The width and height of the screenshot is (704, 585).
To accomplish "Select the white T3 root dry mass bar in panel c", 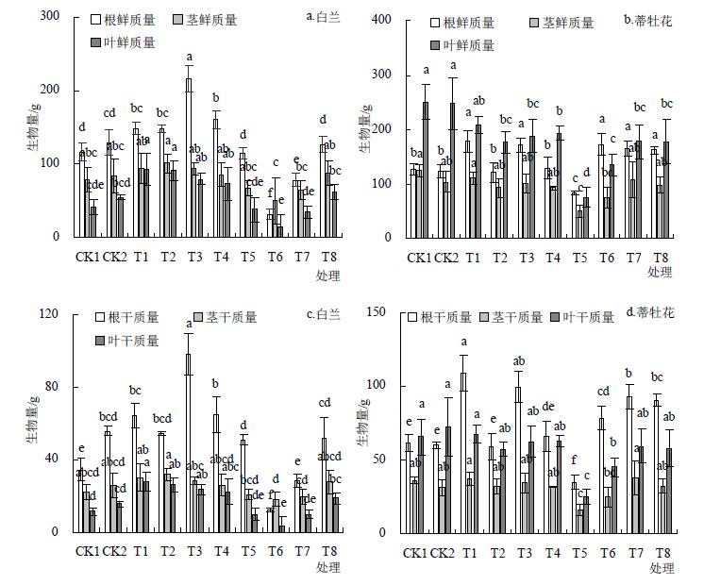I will [189, 443].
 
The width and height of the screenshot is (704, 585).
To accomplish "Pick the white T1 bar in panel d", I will [463, 452].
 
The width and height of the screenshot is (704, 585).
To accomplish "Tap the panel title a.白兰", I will [325, 16].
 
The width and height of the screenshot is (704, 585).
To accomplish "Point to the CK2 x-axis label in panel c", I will [114, 551].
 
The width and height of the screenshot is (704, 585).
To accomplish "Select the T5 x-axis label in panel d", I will [580, 552].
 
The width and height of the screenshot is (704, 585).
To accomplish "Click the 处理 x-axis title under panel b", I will [660, 273].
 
